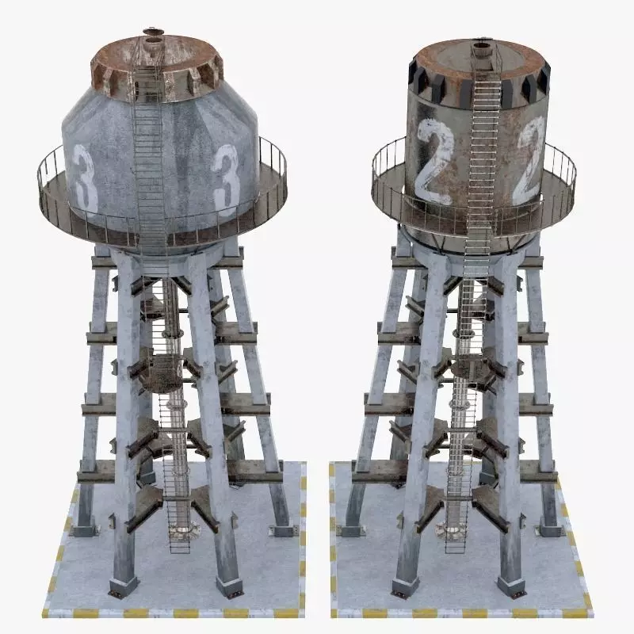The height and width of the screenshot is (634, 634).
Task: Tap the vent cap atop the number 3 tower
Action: click(151, 35)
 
